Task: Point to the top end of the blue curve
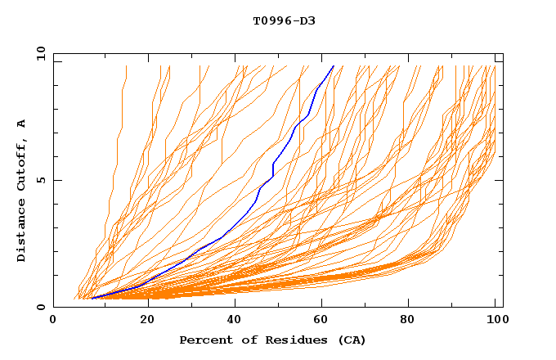tap(334, 65)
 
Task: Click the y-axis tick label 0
tap(41, 308)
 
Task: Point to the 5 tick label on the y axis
tap(41, 180)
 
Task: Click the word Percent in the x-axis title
tap(202, 340)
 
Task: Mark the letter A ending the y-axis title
tap(22, 124)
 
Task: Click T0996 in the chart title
tap(269, 20)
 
